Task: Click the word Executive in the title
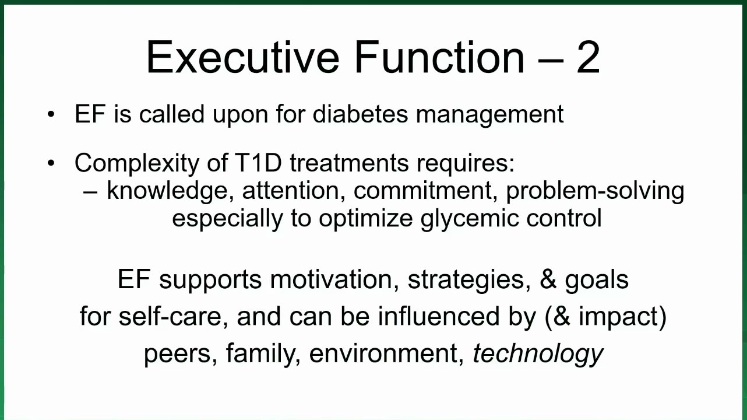click(243, 57)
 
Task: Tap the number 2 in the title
click(589, 57)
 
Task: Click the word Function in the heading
click(439, 57)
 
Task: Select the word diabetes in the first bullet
click(360, 114)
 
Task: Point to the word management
click(490, 116)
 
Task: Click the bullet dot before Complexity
click(51, 163)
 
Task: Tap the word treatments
click(349, 163)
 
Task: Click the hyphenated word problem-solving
click(596, 192)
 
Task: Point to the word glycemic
click(470, 219)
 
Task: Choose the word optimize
click(366, 219)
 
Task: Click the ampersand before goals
click(548, 279)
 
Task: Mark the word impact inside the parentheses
click(618, 317)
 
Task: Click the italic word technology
click(538, 354)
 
